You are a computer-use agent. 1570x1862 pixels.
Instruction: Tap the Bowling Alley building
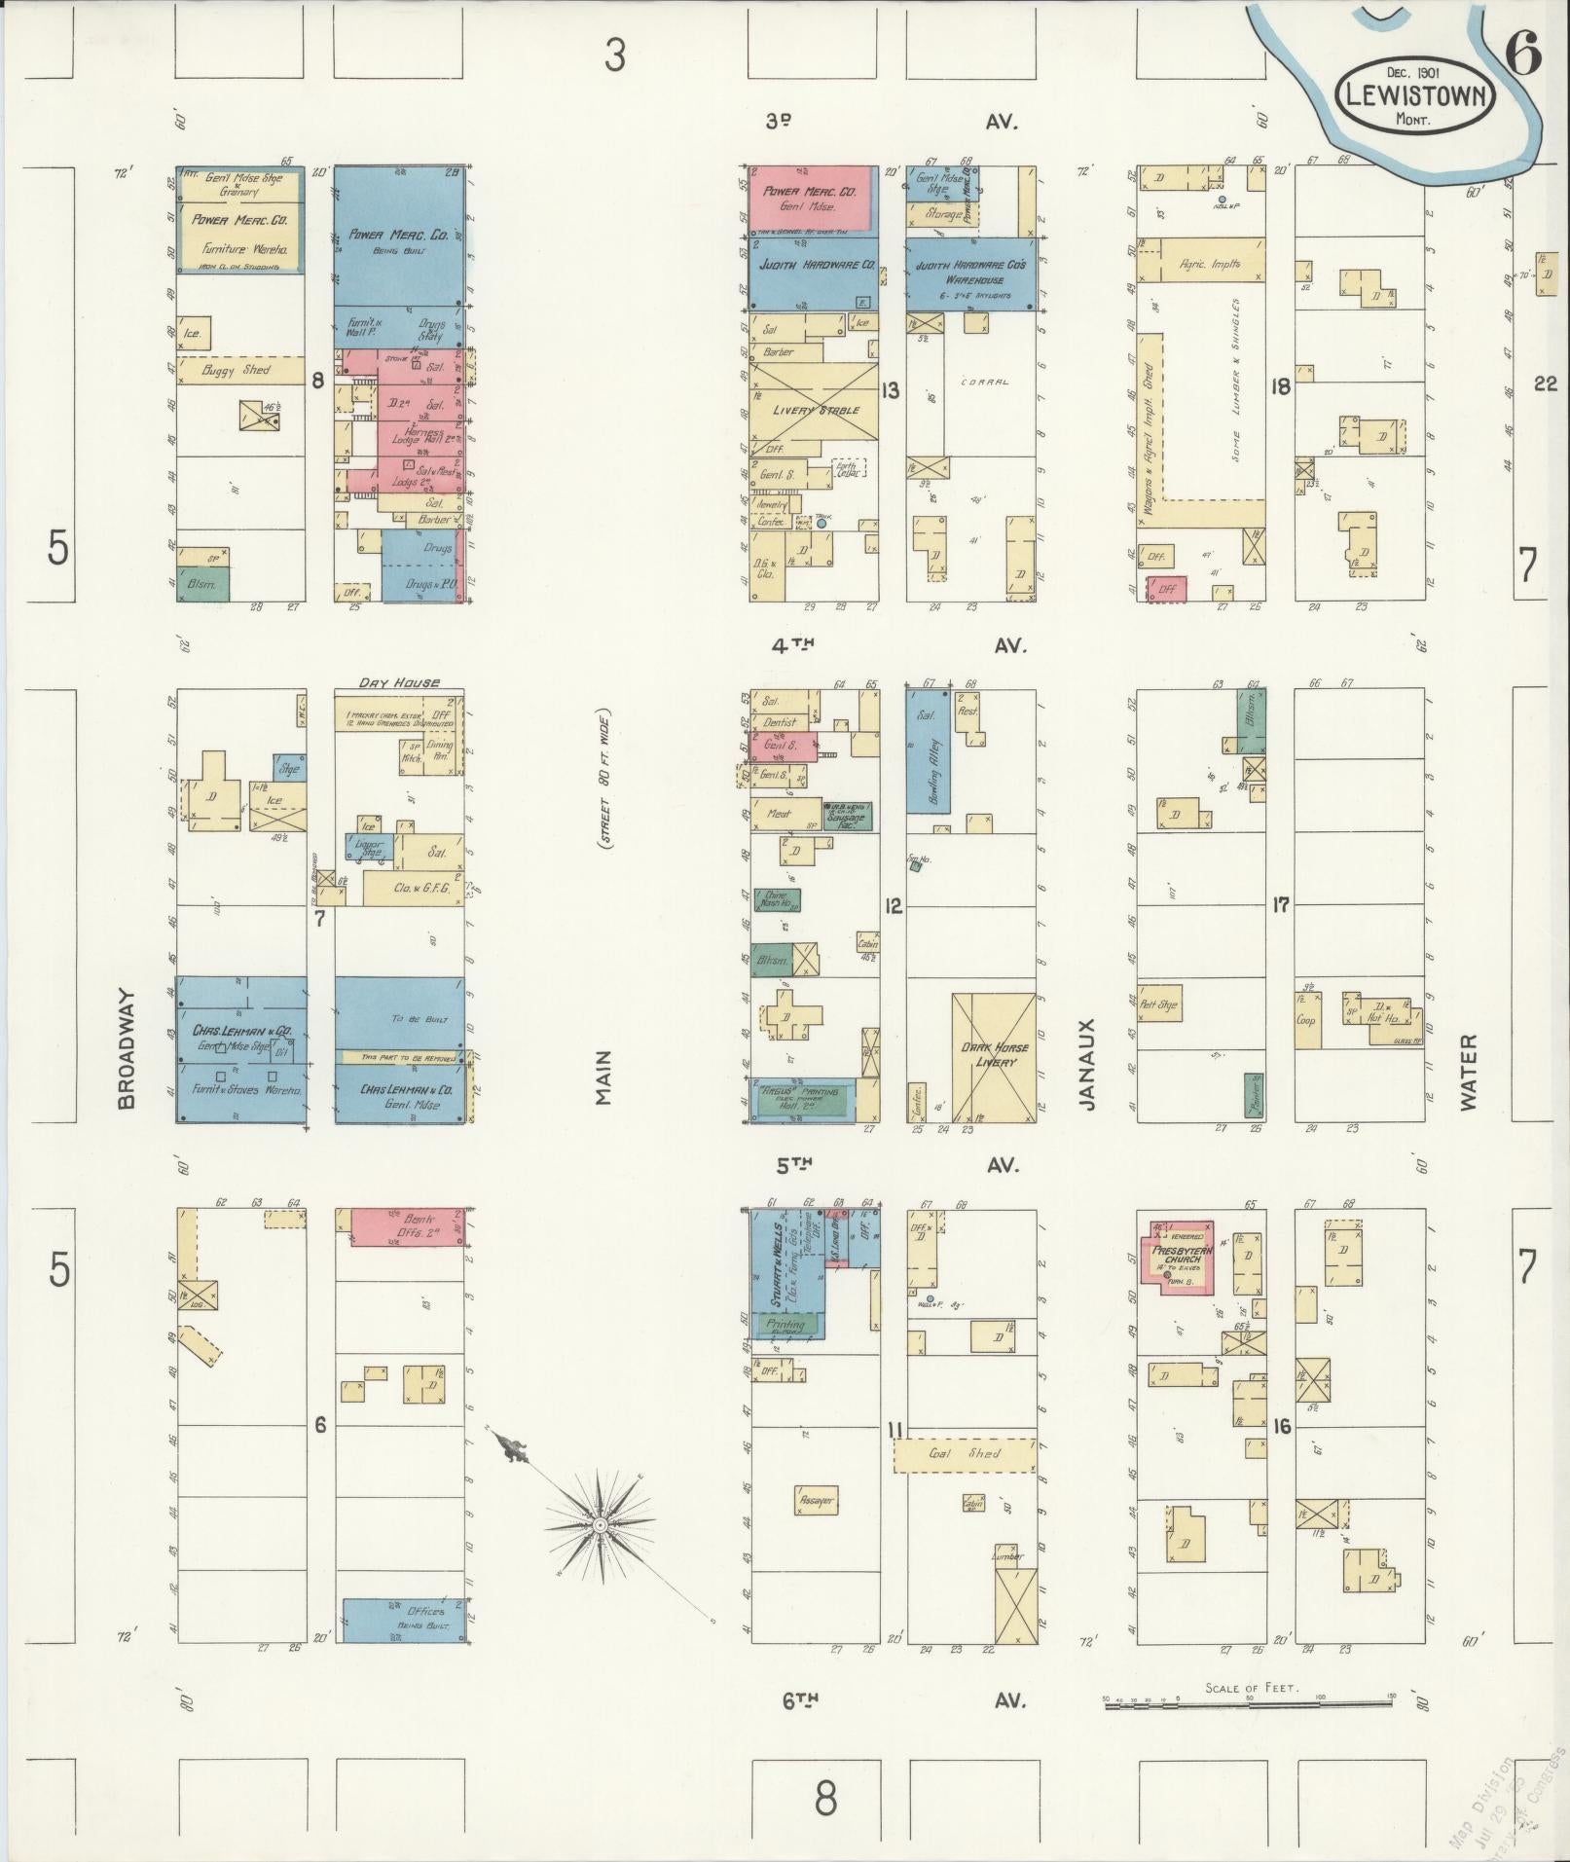pos(929,750)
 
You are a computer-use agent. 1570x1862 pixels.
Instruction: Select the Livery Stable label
pos(816,410)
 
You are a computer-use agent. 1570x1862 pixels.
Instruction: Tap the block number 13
pos(890,391)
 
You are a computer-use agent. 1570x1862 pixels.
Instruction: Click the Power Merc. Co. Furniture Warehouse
pos(238,234)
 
